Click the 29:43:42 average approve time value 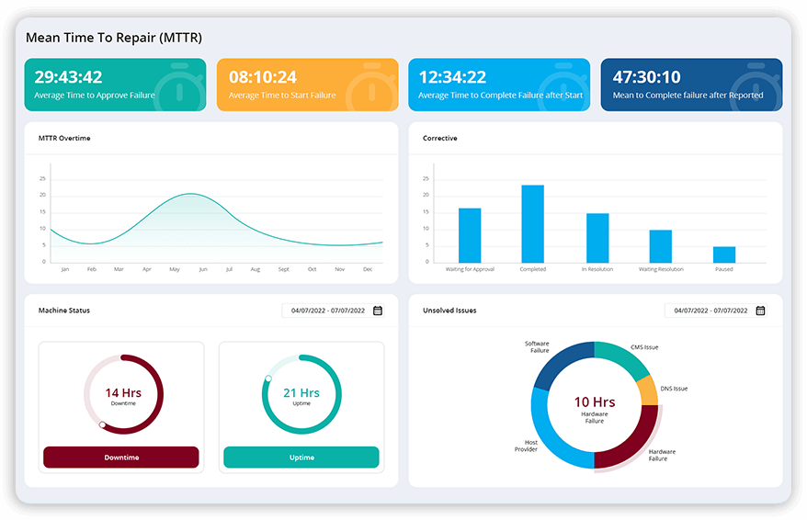point(68,77)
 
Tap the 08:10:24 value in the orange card point(262,77)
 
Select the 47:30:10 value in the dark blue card point(646,77)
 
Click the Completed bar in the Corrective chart point(533,224)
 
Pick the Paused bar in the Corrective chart point(724,254)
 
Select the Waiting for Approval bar point(470,235)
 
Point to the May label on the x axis point(174,269)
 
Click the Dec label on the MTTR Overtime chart point(368,269)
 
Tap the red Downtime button point(121,458)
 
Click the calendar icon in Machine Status point(378,311)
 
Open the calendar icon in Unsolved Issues point(760,311)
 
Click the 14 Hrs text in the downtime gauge point(123,393)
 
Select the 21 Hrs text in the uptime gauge point(301,393)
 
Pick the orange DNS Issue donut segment point(647,390)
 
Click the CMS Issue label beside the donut point(644,347)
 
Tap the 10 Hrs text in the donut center point(595,401)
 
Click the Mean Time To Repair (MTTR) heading point(114,38)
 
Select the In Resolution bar point(597,238)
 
